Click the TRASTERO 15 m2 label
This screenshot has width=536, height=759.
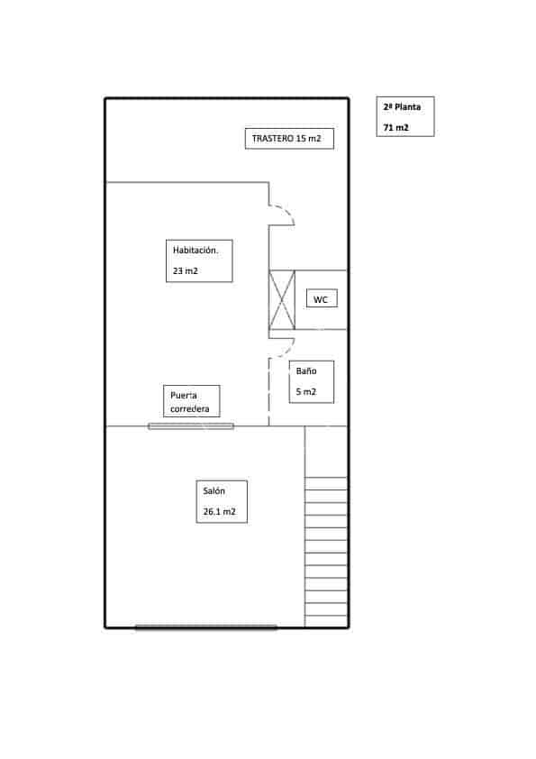click(286, 139)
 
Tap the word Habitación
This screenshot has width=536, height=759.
click(195, 251)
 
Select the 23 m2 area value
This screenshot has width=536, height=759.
click(186, 271)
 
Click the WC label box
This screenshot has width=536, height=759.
click(322, 298)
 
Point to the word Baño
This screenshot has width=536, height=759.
click(306, 370)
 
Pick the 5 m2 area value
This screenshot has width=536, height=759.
click(305, 391)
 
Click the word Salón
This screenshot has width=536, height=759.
click(213, 491)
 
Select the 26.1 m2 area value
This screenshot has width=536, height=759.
click(219, 512)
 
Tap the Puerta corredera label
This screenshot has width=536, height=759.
click(190, 402)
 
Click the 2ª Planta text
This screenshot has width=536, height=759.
click(402, 107)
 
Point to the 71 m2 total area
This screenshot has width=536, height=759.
click(395, 128)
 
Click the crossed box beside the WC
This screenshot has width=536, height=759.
click(282, 300)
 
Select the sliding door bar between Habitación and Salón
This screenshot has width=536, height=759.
click(191, 426)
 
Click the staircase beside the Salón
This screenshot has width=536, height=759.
click(326, 552)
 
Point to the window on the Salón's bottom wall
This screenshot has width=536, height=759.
click(206, 626)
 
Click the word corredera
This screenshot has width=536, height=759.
click(190, 409)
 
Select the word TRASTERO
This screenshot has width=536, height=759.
click(272, 139)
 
